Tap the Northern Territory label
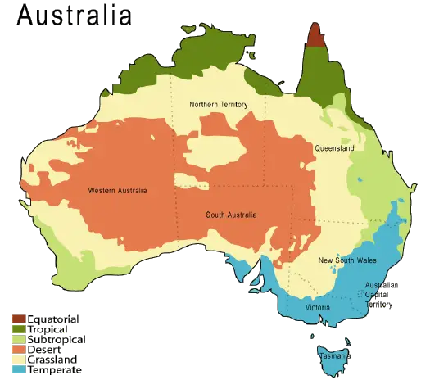[218, 105]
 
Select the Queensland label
[334, 149]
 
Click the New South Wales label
[347, 260]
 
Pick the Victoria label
[317, 307]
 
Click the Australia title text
[74, 16]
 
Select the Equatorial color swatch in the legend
[19, 319]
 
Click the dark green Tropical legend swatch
[19, 328]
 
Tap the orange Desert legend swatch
[19, 349]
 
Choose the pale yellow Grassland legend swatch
[19, 359]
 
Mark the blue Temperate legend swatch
[19, 369]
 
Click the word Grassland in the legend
[52, 359]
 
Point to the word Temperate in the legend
[54, 369]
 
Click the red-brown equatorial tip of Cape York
[315, 37]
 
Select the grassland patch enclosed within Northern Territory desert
[215, 152]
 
